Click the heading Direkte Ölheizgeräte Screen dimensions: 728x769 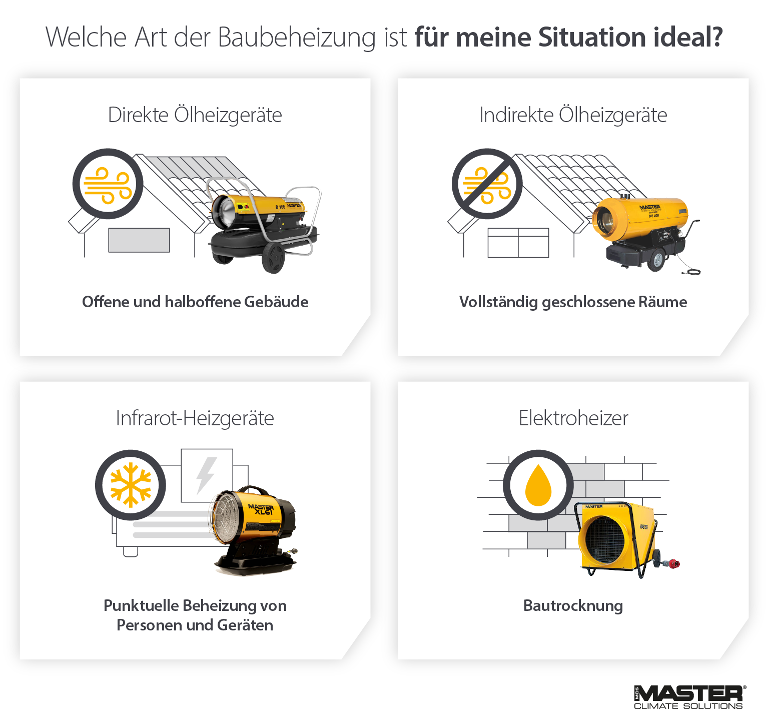pos(195,115)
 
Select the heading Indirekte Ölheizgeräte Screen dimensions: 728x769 pos(573,115)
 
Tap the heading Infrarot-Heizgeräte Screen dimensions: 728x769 pos(195,418)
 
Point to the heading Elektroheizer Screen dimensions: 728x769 pos(573,418)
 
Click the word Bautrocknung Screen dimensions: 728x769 pos(573,605)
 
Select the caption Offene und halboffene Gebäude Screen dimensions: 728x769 pos(195,302)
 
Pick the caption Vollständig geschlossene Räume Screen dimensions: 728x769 pos(573,302)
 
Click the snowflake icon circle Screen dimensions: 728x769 pos(131,485)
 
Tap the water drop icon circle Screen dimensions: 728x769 pos(538,485)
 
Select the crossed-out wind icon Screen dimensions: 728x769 pos(487,184)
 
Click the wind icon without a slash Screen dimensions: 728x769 pos(108,184)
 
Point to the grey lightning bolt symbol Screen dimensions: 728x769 pos(206,475)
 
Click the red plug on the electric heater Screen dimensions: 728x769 pos(673,564)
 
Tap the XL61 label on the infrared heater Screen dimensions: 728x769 pos(264,511)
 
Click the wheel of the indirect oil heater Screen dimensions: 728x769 pos(656,260)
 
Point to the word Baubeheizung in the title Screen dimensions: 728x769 pos(297,38)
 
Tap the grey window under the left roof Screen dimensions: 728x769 pos(139,240)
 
